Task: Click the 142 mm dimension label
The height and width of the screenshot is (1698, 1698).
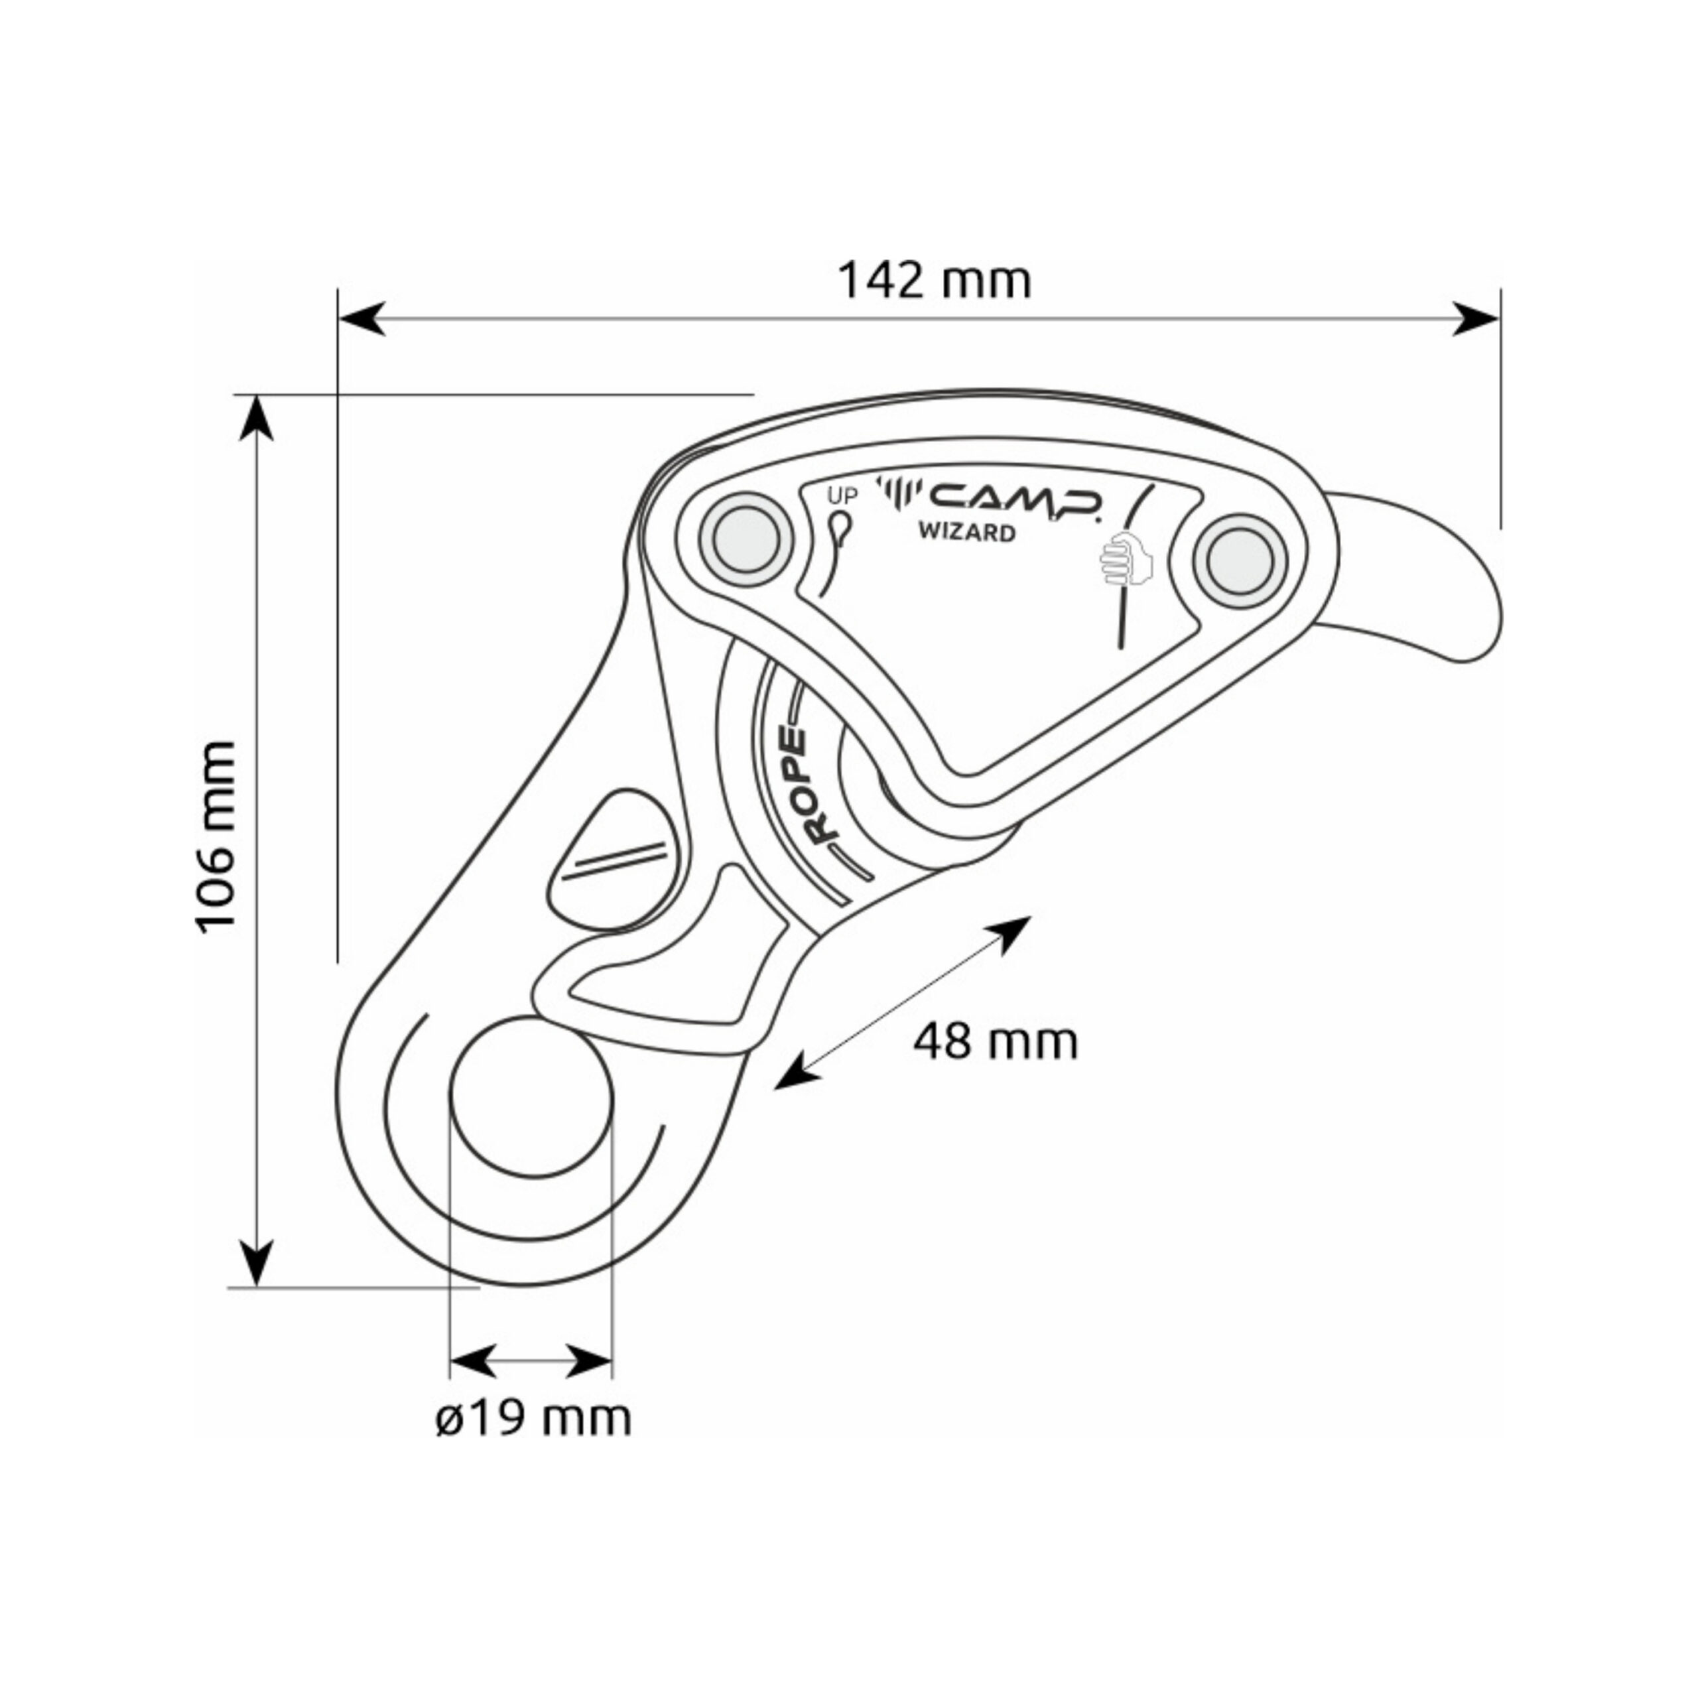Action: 935,281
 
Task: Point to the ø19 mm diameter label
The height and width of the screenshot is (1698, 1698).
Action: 533,1419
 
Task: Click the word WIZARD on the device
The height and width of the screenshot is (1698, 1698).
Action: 968,532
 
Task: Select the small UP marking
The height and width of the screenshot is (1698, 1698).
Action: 841,495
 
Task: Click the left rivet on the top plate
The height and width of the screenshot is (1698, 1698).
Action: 746,539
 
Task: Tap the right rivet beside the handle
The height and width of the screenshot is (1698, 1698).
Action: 1240,562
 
